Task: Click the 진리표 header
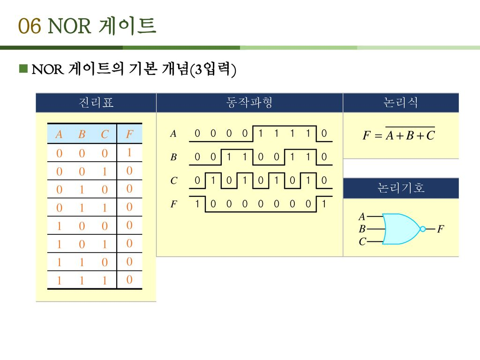point(96,103)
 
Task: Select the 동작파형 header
point(249,103)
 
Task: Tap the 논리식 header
point(401,103)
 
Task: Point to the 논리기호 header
point(401,188)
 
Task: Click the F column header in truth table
point(129,135)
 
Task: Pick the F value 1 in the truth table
point(129,153)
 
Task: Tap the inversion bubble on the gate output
point(423,229)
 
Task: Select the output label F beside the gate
point(440,229)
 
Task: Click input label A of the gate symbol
point(361,217)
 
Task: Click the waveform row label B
point(173,157)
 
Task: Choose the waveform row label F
point(173,204)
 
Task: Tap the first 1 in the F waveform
point(198,203)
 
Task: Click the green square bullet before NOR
point(23,69)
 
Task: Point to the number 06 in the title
point(30,27)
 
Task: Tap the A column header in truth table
point(59,135)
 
